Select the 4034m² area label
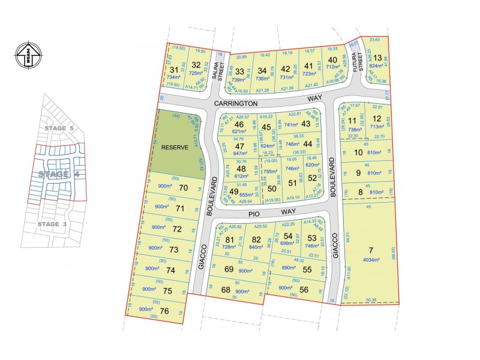click(371, 260)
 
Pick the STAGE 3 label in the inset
click(57, 224)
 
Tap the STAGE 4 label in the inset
click(59, 174)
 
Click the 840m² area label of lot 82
click(256, 247)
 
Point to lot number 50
click(271, 188)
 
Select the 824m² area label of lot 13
click(376, 67)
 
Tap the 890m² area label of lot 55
click(289, 268)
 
